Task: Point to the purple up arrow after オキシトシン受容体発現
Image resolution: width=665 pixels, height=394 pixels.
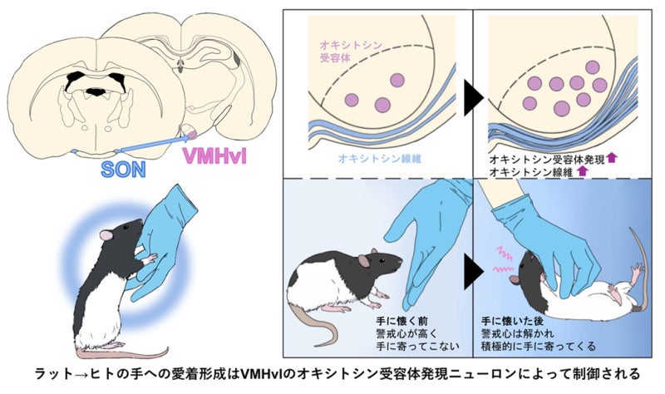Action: coord(613,156)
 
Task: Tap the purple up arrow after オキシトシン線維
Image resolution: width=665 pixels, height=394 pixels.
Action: coord(582,170)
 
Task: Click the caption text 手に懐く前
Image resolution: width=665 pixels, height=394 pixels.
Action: coord(392,318)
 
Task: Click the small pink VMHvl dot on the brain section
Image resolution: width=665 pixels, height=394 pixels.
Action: coord(190,131)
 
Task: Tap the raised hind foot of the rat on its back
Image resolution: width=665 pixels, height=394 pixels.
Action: coord(635,269)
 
